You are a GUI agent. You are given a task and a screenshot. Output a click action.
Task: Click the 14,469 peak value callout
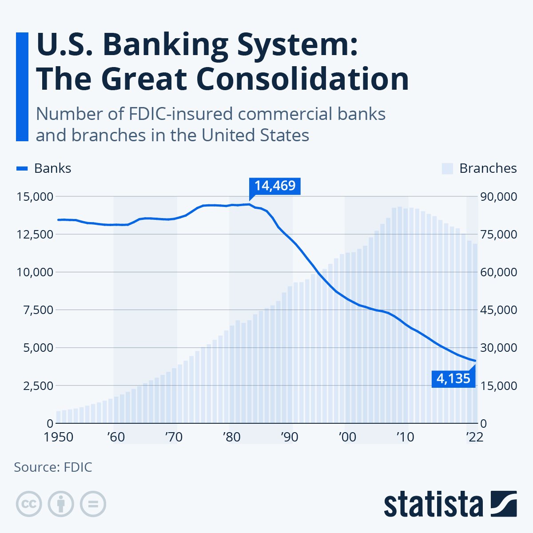(275, 186)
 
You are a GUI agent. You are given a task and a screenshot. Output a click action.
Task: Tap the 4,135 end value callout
(453, 378)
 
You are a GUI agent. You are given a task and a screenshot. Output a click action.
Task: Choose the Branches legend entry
(480, 168)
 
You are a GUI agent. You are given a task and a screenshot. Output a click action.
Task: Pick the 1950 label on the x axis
(59, 437)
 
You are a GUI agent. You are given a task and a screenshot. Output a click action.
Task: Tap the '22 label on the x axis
(474, 437)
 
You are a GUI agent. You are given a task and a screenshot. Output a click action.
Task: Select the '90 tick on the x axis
(289, 437)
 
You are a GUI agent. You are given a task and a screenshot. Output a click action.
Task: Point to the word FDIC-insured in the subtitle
(179, 114)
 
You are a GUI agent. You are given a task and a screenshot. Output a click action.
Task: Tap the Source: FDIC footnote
(53, 467)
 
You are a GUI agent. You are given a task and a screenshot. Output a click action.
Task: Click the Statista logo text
(434, 504)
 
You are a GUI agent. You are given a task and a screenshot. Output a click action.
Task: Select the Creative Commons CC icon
(29, 504)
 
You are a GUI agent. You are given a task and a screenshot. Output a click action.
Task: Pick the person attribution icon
(61, 504)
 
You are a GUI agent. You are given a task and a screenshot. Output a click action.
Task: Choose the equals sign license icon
(93, 504)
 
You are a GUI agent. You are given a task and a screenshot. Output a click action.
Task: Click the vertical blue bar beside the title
(22, 87)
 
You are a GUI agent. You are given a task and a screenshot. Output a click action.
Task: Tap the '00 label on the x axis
(347, 437)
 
